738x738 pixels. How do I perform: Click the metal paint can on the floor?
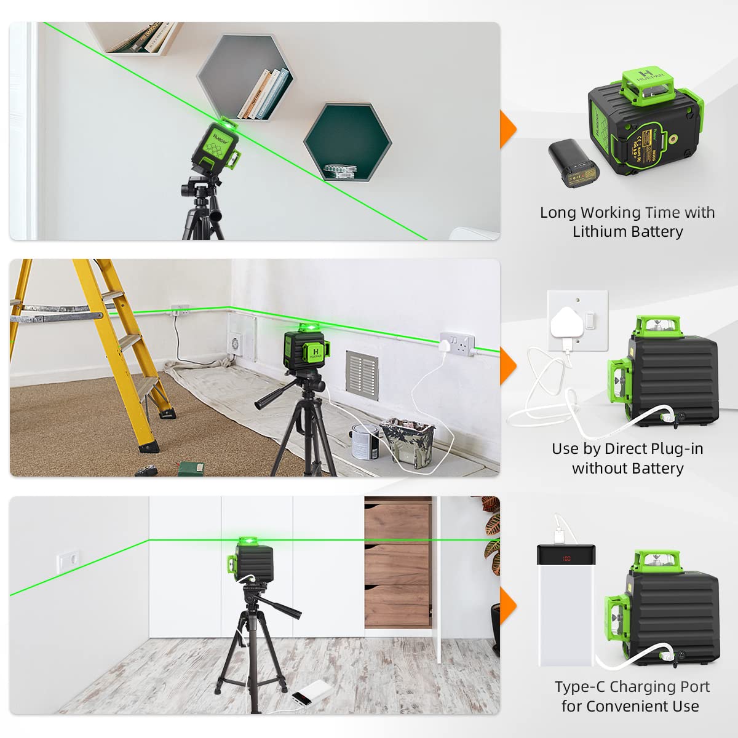[x=365, y=441]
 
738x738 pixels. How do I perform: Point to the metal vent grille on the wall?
[x=362, y=375]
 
